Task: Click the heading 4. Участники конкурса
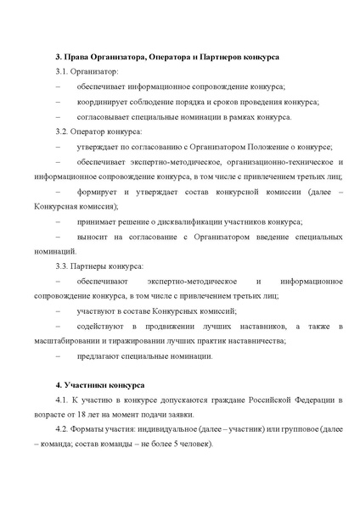tap(99, 384)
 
